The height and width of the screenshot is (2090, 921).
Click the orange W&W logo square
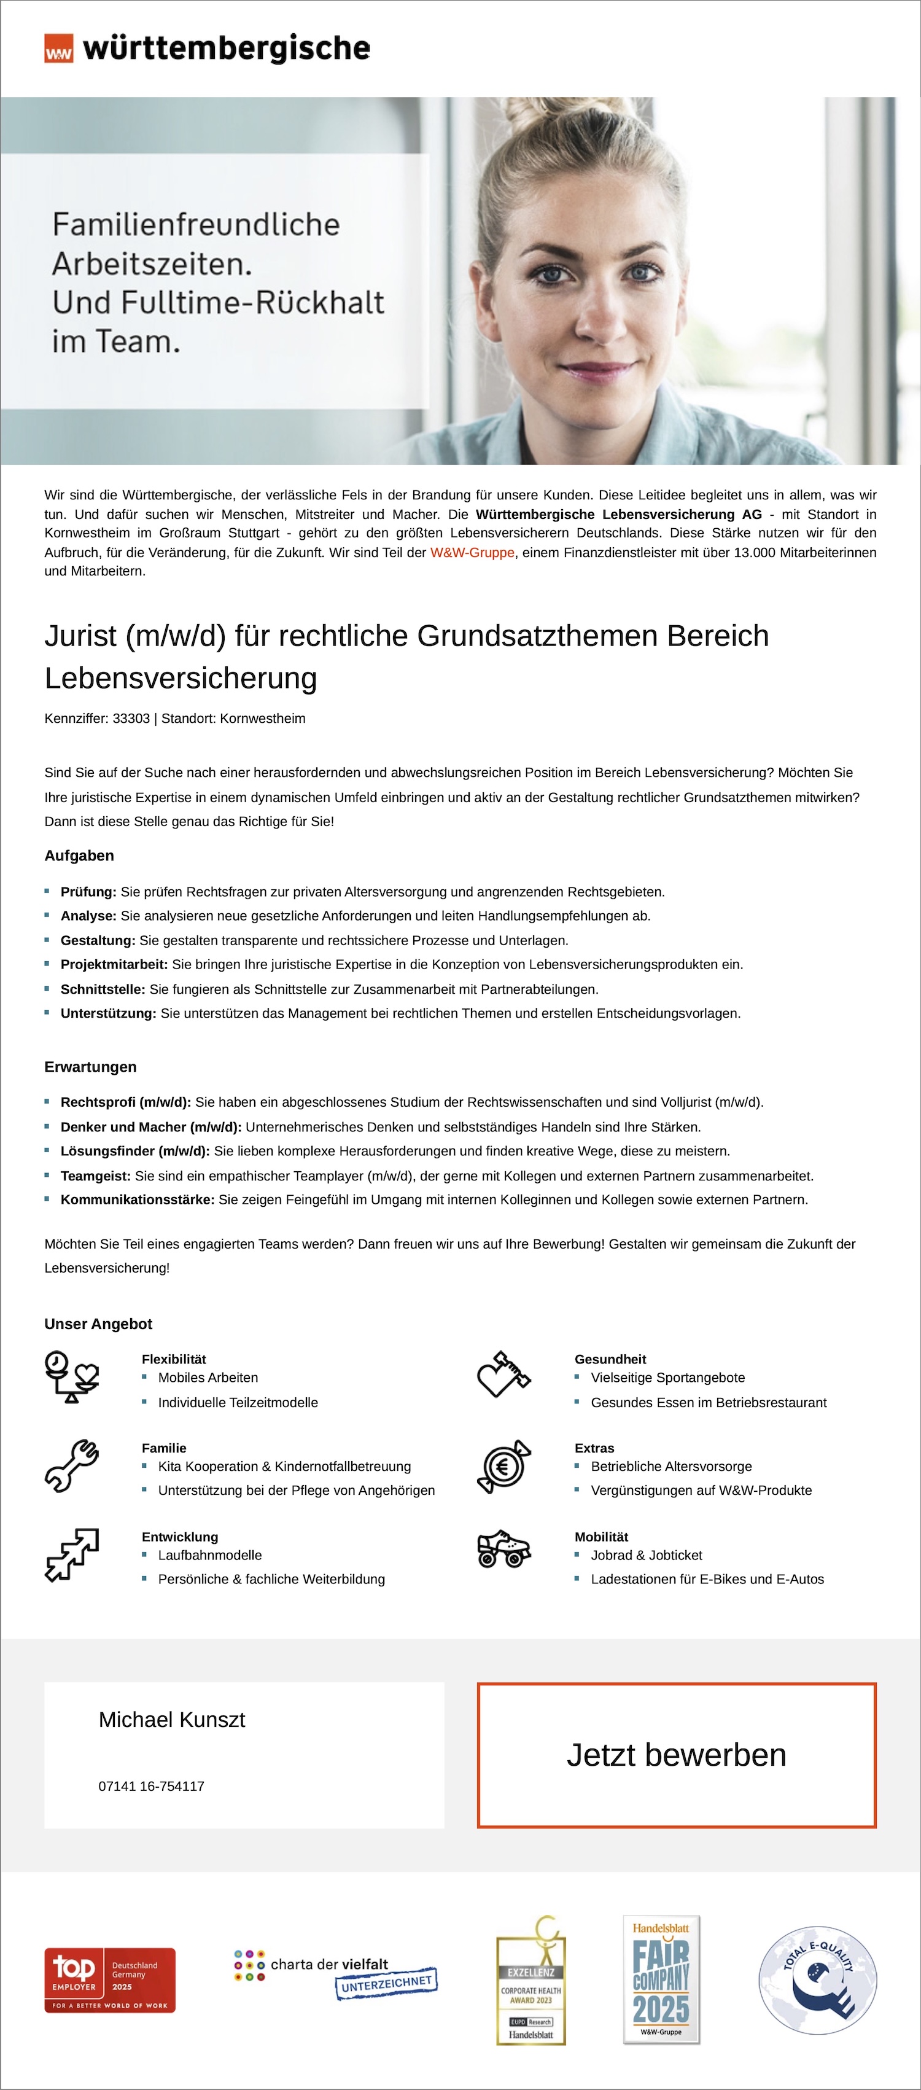(58, 49)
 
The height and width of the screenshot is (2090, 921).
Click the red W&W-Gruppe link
(472, 553)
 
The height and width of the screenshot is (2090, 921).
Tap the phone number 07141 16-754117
(151, 1786)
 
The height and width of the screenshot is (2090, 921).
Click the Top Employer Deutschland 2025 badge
(109, 1979)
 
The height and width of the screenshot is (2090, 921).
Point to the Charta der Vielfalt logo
(334, 1974)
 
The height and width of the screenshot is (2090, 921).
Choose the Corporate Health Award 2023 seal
(530, 1979)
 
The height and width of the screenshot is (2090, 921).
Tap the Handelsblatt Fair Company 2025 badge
(661, 1979)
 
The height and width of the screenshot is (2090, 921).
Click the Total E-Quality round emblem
(817, 1979)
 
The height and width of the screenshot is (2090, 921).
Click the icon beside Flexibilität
(71, 1377)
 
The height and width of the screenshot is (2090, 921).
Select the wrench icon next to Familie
(71, 1466)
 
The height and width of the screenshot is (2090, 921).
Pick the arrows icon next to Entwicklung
(71, 1554)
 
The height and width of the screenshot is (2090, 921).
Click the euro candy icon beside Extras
(504, 1466)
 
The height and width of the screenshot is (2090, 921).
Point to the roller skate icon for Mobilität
(504, 1549)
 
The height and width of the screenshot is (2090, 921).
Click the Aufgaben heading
(79, 855)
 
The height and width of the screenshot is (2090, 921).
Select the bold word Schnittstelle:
(103, 989)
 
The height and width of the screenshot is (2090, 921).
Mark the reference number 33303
(131, 718)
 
